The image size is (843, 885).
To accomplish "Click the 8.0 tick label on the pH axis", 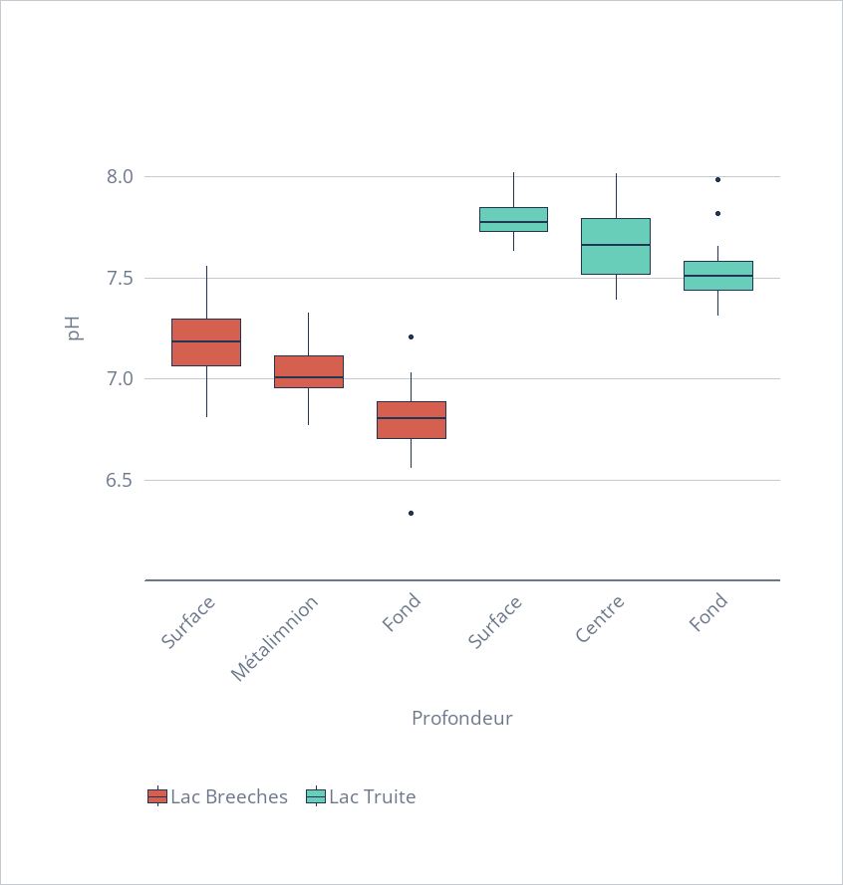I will [x=119, y=176].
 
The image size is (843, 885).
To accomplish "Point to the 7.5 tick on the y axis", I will [x=119, y=278].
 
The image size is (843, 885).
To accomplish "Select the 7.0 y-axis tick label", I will [x=119, y=379].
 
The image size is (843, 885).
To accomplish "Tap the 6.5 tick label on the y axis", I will [x=119, y=481].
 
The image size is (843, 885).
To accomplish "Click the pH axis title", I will [x=74, y=329].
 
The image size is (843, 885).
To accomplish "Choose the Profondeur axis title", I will [x=461, y=718].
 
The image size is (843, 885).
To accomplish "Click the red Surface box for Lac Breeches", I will [x=206, y=342].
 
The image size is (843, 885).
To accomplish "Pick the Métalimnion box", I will [x=309, y=371].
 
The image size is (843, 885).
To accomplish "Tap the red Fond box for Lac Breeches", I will [x=411, y=420].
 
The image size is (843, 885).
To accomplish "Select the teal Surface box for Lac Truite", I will [x=513, y=219].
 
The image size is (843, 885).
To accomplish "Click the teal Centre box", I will [x=616, y=246].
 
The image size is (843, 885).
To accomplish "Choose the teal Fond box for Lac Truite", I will [x=717, y=276].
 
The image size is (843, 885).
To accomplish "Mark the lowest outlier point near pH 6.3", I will [x=411, y=513].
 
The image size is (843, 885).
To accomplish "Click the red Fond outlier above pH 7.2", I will [x=411, y=336].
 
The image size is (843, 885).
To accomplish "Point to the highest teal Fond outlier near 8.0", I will [x=717, y=179].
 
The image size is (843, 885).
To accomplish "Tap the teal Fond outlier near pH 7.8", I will [x=717, y=213].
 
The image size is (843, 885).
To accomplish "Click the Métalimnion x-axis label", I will [x=276, y=638].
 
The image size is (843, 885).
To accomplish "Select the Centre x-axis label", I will [x=600, y=618].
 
